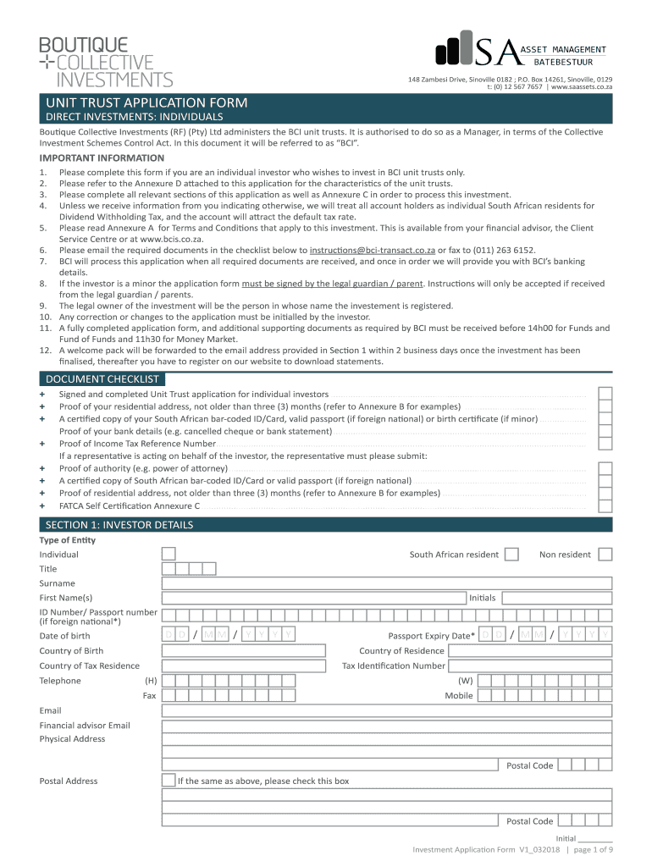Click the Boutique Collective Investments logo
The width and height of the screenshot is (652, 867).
pos(105,61)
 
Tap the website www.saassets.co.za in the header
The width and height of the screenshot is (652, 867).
pos(582,86)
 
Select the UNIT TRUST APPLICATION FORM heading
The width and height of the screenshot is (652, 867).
pos(146,102)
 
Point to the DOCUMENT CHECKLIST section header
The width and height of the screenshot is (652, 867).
pos(102,378)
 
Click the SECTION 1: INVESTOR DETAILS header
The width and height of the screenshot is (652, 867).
pos(119,525)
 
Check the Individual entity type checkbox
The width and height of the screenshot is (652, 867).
pos(169,554)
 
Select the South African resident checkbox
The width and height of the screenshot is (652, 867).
pos(511,554)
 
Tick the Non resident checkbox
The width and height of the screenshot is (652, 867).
pos(605,554)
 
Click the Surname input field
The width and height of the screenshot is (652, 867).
pos(386,583)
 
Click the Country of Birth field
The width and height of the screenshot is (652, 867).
pos(243,650)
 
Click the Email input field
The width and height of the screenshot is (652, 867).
pos(386,710)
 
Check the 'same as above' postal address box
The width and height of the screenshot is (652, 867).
pos(169,781)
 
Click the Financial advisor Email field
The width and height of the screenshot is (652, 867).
pos(386,725)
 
